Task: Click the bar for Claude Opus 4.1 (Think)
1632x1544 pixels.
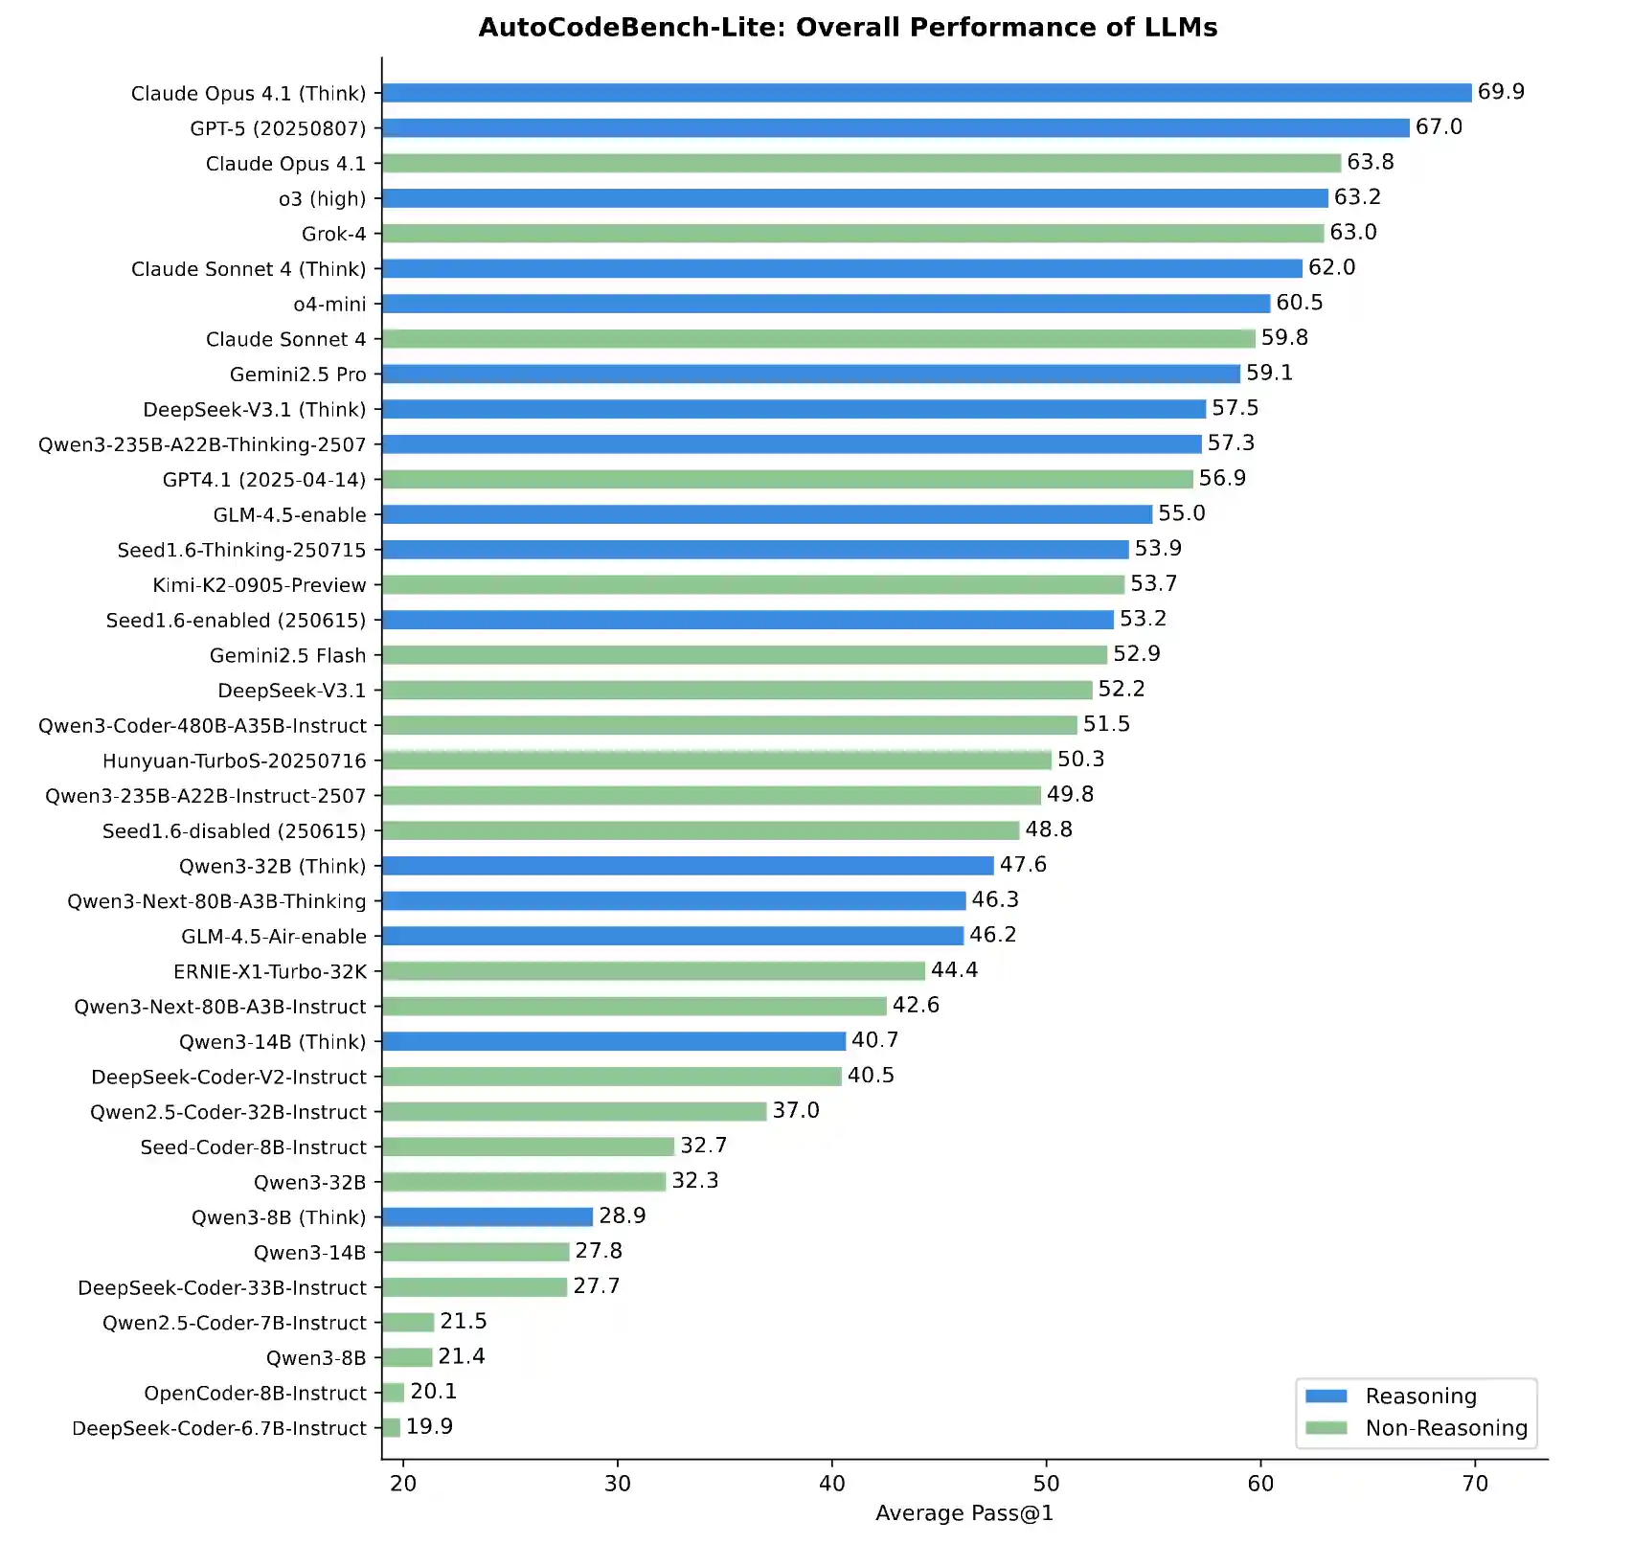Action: click(926, 93)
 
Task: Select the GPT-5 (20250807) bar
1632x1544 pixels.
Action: click(895, 128)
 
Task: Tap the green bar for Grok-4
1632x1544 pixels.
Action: click(852, 234)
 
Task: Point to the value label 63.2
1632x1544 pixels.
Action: click(1357, 197)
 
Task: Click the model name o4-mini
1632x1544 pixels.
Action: click(329, 305)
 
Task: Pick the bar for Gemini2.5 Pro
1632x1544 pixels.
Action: click(810, 375)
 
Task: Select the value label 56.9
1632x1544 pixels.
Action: click(1222, 479)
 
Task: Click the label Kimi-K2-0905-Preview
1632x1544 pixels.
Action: click(260, 585)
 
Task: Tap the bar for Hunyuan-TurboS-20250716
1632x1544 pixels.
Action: click(716, 761)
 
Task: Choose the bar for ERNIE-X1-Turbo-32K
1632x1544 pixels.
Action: click(653, 971)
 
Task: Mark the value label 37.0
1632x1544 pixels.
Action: click(796, 1111)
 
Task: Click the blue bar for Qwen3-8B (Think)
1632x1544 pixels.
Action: click(487, 1217)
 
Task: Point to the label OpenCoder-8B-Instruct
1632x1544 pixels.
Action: click(255, 1394)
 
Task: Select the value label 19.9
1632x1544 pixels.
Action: click(429, 1427)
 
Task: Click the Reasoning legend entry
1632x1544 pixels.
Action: click(1420, 1396)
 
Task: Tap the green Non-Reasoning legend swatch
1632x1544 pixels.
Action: click(1326, 1428)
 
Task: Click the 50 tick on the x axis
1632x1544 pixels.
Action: click(1046, 1484)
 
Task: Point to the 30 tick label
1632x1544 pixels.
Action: click(618, 1484)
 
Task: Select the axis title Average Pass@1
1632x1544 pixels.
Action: click(963, 1513)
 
